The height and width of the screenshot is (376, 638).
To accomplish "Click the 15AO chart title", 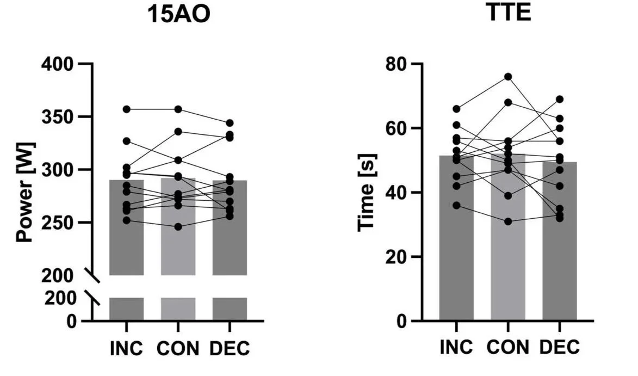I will [179, 15].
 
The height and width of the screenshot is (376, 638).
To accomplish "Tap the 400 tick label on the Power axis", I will [58, 64].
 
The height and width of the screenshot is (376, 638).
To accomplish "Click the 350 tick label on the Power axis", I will [58, 117].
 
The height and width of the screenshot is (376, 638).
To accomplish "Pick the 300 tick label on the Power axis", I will [58, 170].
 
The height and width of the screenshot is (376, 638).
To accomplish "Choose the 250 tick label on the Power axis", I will [58, 223].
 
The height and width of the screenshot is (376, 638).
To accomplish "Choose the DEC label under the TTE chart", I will [560, 347].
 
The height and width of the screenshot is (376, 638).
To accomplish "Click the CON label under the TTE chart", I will [508, 347].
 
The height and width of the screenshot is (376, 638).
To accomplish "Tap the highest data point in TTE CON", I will [508, 77].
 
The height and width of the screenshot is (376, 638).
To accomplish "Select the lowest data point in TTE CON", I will [508, 221].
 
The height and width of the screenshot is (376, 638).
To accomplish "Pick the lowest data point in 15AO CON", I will [178, 226].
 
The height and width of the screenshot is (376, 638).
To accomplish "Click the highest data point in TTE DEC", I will [560, 99].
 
